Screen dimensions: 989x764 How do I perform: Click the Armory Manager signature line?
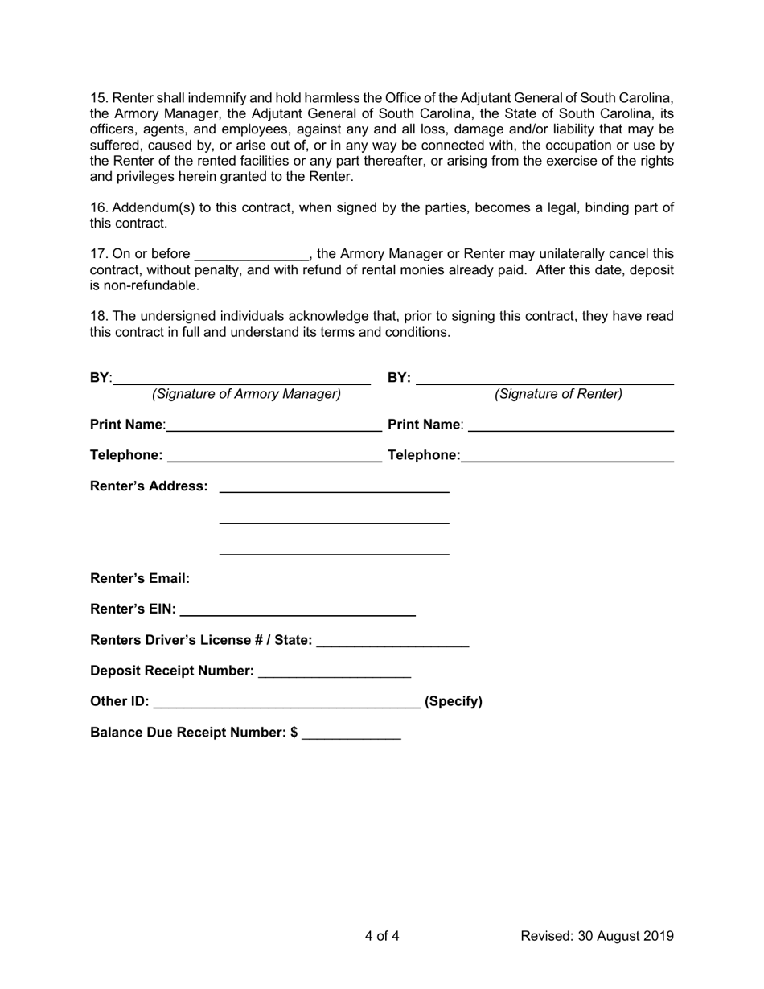[241, 381]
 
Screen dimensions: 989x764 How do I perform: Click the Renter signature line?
[544, 381]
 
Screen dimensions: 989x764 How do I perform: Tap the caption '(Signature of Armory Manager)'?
[246, 394]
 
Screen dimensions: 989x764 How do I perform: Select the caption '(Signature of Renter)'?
[558, 394]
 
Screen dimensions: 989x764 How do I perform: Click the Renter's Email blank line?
[305, 580]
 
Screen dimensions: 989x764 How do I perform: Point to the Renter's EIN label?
[133, 609]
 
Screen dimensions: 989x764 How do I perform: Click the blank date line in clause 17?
[252, 256]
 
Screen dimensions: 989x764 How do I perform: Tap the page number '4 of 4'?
[381, 936]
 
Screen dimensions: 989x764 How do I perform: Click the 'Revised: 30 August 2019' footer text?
[597, 936]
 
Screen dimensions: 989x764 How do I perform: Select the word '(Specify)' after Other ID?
[454, 701]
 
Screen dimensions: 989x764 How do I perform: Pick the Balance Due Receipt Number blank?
[351, 734]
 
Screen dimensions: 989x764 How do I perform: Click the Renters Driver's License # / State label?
[201, 640]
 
